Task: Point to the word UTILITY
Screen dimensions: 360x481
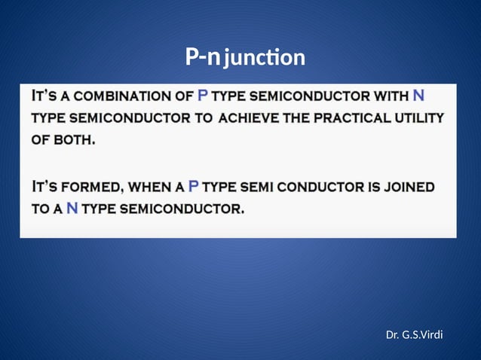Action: [x=419, y=118]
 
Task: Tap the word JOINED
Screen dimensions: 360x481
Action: [x=406, y=186]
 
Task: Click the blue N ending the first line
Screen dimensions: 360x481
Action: [x=418, y=96]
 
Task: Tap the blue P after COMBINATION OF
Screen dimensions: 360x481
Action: [x=202, y=96]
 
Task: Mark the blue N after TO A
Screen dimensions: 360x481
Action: [x=72, y=208]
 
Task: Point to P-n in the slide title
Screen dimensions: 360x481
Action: [x=203, y=56]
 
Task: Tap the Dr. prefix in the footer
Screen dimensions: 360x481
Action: [x=393, y=333]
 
